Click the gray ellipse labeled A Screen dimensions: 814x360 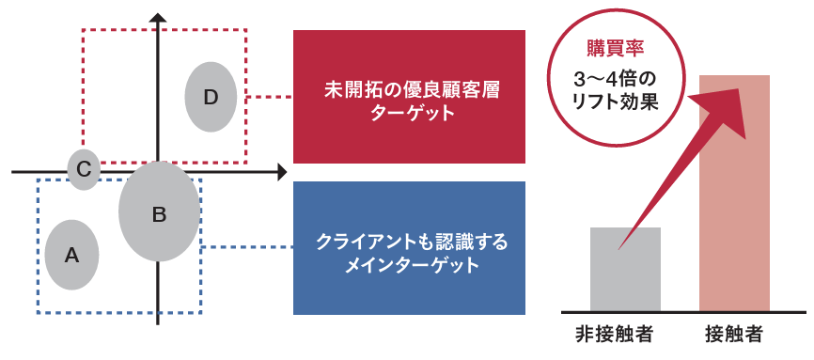coord(72,254)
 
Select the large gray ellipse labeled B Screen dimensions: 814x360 coord(160,212)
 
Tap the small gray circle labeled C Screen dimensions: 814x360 coord(84,169)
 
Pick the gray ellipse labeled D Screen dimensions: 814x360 coord(210,96)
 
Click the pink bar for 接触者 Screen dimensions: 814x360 coord(735,207)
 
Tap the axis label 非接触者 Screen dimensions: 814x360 coord(615,334)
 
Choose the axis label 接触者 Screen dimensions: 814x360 coord(733,334)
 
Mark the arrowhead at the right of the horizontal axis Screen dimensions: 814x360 coord(281,172)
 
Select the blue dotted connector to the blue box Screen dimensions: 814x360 coord(246,247)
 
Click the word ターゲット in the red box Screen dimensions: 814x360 coord(409,114)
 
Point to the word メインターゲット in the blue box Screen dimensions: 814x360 coord(409,265)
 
